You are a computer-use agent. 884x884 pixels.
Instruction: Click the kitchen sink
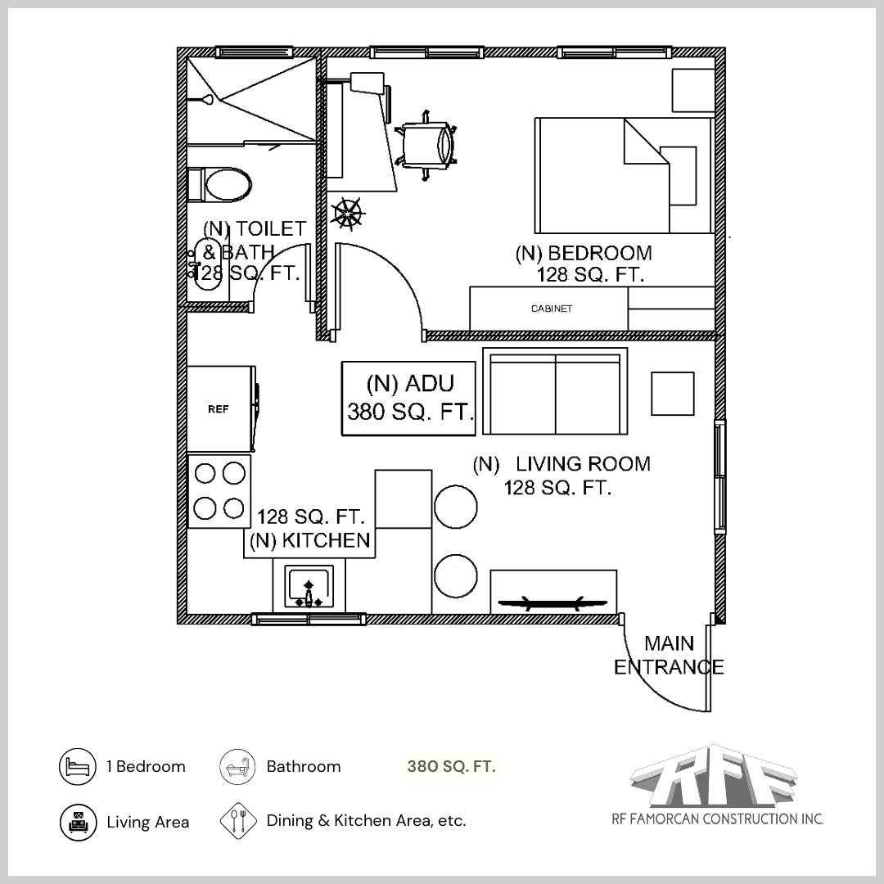[309, 587]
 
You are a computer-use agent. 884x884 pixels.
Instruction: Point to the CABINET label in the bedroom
[551, 309]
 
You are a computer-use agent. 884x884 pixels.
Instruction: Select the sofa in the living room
[555, 391]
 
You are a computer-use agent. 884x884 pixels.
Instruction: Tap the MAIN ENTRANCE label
[669, 656]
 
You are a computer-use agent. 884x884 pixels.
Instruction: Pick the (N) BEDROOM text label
[584, 253]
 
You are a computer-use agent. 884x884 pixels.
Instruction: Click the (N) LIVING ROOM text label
[562, 464]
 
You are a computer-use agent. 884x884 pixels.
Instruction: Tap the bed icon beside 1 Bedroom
[78, 768]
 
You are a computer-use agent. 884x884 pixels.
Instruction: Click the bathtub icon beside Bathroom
[239, 768]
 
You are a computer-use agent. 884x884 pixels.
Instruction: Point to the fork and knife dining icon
[239, 821]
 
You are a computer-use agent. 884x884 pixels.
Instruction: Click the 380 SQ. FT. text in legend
[451, 768]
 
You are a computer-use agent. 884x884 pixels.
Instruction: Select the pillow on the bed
[679, 176]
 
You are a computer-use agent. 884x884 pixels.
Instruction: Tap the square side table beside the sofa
[673, 394]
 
